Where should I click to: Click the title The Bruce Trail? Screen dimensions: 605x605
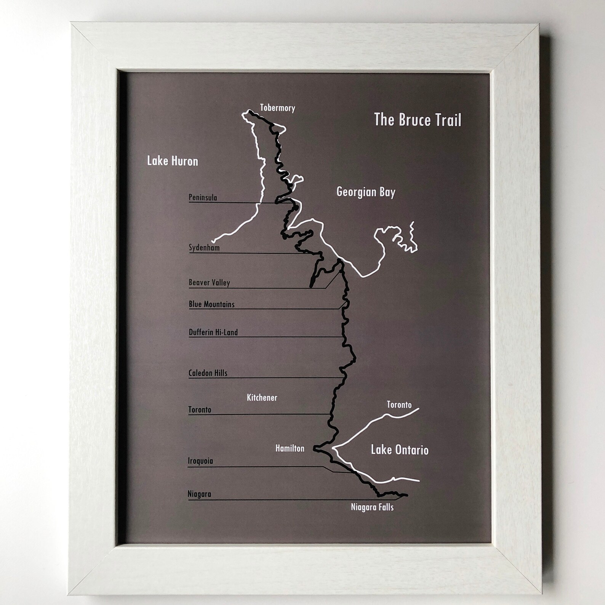point(418,120)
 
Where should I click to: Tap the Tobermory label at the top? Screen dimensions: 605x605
point(277,108)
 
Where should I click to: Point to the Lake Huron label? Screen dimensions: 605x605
point(173,161)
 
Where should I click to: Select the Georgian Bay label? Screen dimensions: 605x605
point(366,192)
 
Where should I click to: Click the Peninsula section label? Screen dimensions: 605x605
point(203,197)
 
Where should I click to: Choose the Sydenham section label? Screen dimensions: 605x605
point(204,248)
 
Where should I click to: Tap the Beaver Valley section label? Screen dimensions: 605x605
point(209,283)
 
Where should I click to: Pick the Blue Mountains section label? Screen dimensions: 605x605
point(211,304)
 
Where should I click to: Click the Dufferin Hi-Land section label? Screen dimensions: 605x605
point(213,332)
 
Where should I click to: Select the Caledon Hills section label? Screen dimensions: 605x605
point(208,373)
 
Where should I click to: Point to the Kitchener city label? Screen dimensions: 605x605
point(262,398)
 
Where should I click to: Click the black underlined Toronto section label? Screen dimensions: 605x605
point(200,410)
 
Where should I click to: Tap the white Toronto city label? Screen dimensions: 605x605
point(399,405)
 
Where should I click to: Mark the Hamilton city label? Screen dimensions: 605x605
point(290,448)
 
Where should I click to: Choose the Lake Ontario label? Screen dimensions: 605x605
point(400,450)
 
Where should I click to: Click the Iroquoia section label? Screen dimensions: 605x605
point(200,461)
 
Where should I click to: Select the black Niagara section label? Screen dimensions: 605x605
point(199,494)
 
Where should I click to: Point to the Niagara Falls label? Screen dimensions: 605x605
point(372,507)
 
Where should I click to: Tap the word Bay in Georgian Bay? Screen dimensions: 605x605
point(387,192)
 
